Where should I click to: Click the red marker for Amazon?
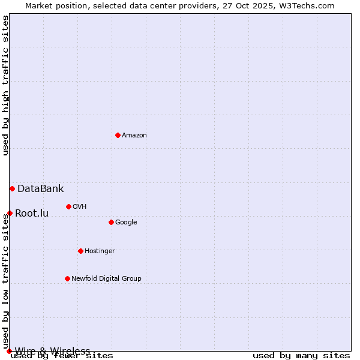coord(118,135)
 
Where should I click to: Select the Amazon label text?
coord(134,136)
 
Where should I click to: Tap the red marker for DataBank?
coord(12,188)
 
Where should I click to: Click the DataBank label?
coord(40,189)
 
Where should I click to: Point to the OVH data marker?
coord(68,206)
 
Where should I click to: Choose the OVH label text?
coord(80,207)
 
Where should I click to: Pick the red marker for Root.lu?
coord(10,213)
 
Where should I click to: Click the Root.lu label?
coord(32,214)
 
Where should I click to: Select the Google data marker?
coord(111,222)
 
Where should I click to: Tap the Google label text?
coord(126,223)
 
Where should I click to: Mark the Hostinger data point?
coord(80,251)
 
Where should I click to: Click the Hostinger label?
coord(100,251)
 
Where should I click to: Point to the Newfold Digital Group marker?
coord(67,278)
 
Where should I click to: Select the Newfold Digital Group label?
coord(106,279)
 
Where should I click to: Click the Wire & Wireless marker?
coord(9,351)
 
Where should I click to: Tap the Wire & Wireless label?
coord(52,351)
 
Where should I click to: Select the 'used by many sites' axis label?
coord(301,356)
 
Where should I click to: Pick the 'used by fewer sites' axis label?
coord(62,356)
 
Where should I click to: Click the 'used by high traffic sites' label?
coord(6,85)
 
